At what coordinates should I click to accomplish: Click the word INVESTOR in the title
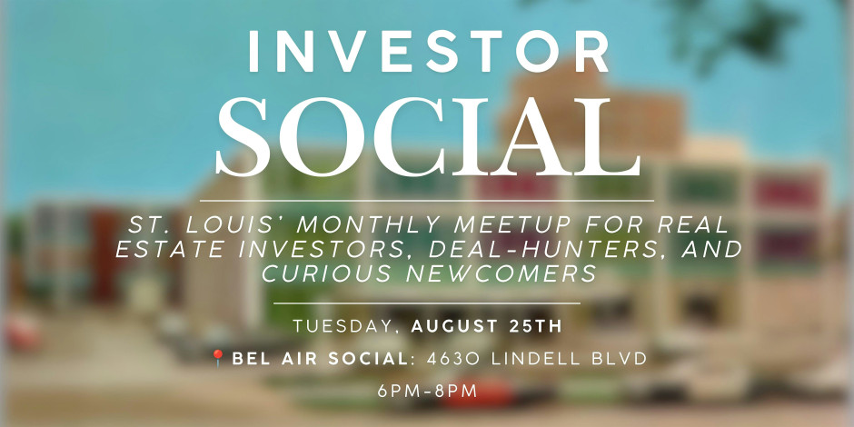coord(428,51)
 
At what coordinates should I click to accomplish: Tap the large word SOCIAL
coord(428,137)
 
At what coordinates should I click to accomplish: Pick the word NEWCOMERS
coord(501,273)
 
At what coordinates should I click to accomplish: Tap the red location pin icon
coord(218,358)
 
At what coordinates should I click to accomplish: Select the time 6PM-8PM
coord(428,391)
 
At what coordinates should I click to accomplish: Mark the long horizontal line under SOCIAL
coord(427,201)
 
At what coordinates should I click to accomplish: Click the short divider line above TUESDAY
coord(427,303)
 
